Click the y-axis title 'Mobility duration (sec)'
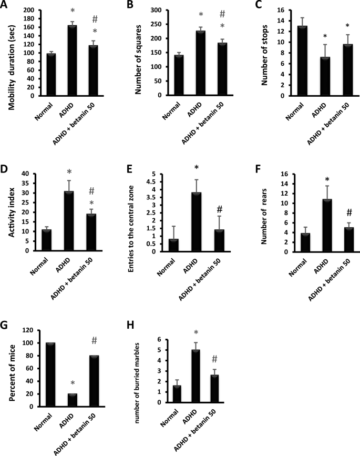(x=11, y=53)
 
